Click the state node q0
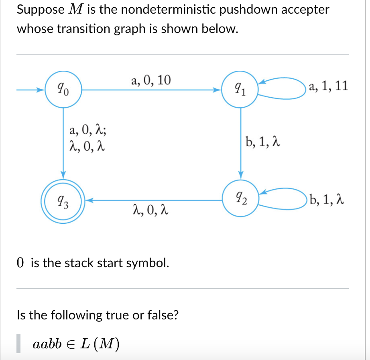click(63, 89)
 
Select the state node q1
click(240, 89)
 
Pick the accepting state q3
click(63, 199)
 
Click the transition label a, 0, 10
click(151, 80)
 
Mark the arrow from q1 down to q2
click(240, 141)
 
